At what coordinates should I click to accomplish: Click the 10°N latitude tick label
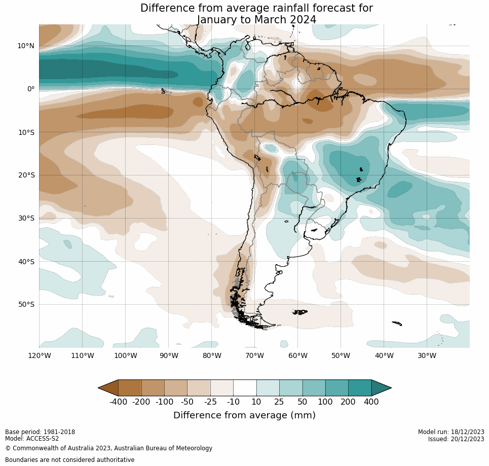click(26, 46)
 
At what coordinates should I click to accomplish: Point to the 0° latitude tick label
click(30, 89)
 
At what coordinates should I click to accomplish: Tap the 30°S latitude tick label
click(26, 218)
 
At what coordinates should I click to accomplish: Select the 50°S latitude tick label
click(26, 304)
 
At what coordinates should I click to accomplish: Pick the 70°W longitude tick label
click(254, 355)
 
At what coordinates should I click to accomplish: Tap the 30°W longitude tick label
click(427, 355)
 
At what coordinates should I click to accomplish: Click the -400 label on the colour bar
click(118, 402)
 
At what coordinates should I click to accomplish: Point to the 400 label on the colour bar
click(371, 402)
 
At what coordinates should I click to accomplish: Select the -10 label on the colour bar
click(233, 402)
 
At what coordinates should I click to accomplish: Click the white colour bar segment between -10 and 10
click(245, 388)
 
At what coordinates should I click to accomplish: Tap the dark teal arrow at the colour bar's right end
click(381, 388)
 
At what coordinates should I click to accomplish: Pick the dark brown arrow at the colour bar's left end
click(108, 388)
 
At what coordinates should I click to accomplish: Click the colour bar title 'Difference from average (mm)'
click(244, 415)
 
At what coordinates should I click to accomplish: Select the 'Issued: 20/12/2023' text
click(456, 439)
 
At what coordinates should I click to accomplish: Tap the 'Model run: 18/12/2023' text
click(450, 432)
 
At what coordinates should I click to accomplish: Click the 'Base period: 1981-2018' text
click(40, 432)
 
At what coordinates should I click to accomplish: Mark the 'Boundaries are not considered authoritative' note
click(69, 460)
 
